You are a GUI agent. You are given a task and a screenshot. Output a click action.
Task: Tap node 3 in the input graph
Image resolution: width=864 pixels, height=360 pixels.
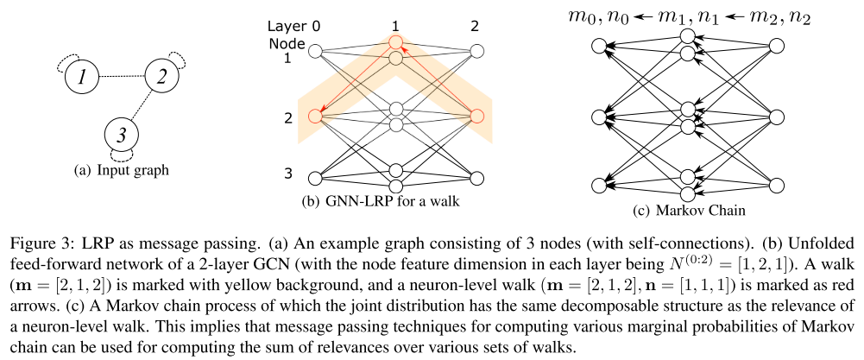[x=122, y=136]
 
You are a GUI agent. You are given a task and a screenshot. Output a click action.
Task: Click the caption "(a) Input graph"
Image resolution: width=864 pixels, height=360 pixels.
[x=120, y=171]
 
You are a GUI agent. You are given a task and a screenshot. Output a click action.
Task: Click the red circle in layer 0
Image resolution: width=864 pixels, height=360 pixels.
[x=316, y=113]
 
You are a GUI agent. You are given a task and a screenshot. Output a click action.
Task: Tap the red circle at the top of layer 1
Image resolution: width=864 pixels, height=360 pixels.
[x=396, y=41]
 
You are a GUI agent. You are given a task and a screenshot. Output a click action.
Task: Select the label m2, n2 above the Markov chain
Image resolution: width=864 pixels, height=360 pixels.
[x=782, y=14]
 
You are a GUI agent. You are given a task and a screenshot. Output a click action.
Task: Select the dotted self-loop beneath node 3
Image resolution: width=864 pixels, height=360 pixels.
[x=122, y=158]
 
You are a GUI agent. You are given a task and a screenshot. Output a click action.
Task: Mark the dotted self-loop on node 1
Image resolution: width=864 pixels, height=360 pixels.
[x=60, y=65]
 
